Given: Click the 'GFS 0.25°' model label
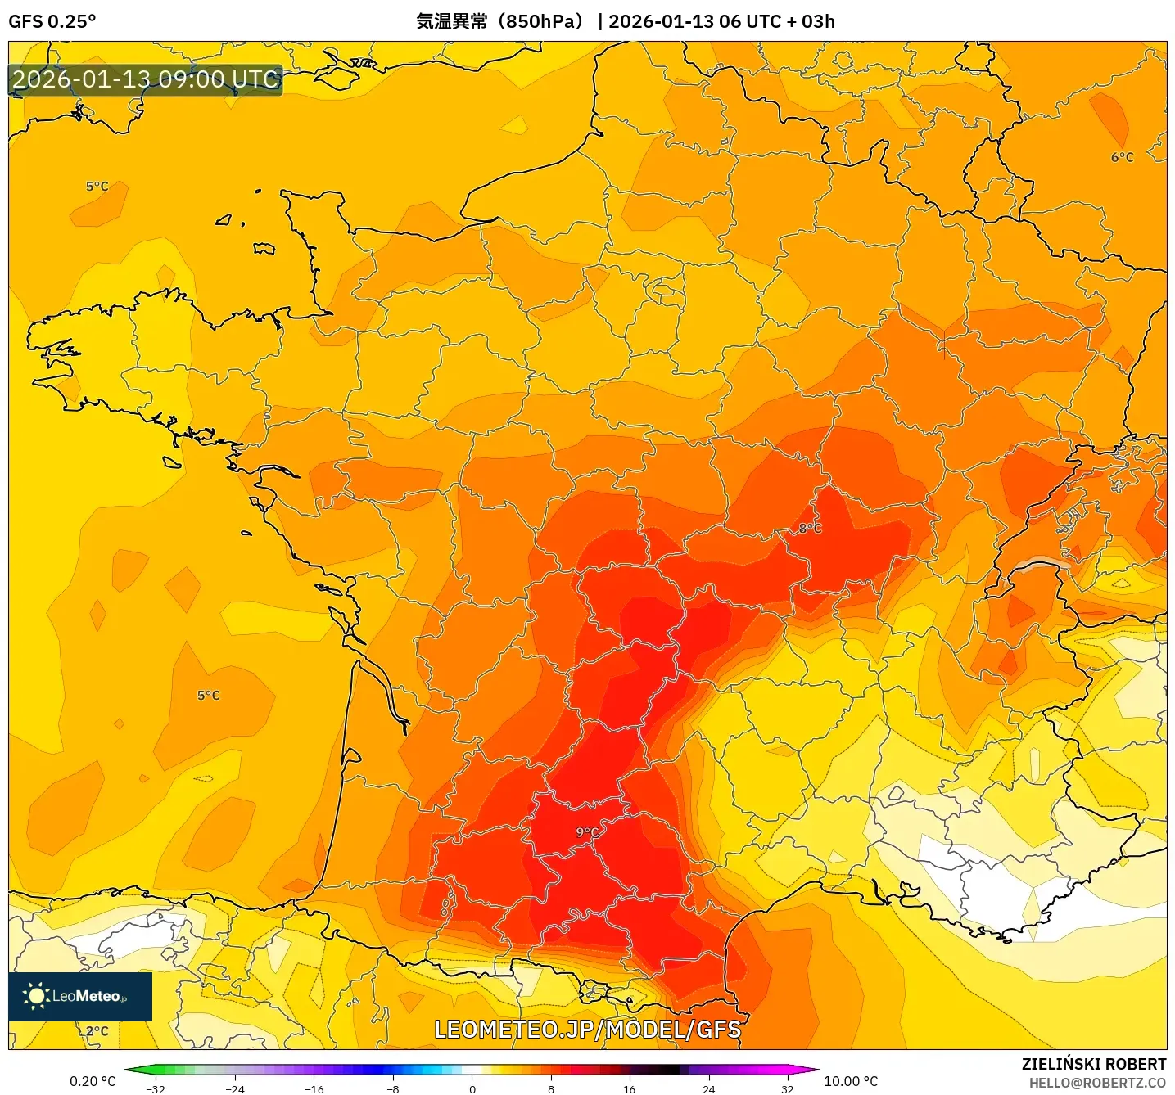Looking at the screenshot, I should (52, 21).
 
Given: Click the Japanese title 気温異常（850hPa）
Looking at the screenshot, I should (500, 21).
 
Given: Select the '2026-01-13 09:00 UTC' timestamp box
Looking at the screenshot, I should (146, 80).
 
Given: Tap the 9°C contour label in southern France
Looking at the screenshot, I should (586, 832).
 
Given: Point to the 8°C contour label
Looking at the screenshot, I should (810, 529).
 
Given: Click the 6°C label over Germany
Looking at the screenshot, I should (1122, 157).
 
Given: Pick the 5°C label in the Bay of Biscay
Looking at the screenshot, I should (208, 696).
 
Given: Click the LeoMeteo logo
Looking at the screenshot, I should (80, 996).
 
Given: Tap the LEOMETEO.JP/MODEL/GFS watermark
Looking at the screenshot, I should (587, 1030).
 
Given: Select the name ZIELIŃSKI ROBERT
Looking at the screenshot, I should (1093, 1064).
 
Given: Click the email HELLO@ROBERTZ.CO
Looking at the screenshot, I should (1096, 1083).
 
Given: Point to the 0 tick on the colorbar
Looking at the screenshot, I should (472, 1088).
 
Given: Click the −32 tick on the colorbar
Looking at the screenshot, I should (156, 1088).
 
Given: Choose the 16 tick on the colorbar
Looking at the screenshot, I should (629, 1088).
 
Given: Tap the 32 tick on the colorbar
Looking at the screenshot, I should (787, 1088).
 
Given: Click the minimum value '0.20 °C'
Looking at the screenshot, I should (93, 1081).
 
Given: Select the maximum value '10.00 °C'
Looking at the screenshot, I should (850, 1081).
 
